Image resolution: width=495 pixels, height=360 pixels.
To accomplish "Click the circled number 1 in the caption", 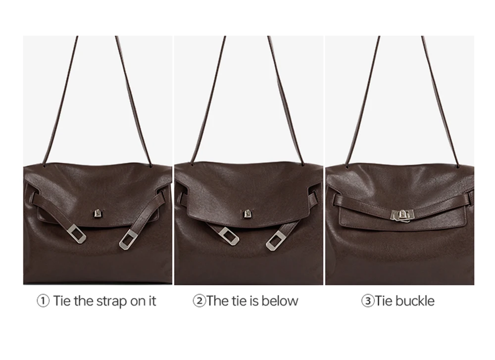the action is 43,301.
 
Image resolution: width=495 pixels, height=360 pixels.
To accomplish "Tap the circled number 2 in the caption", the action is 199,301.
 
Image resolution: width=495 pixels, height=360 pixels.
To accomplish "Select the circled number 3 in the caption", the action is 368,301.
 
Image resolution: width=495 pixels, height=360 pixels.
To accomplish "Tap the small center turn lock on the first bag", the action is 97,214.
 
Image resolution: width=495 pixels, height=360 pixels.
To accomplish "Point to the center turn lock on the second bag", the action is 247,214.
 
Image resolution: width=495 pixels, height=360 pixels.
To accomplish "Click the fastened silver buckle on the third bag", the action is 402,216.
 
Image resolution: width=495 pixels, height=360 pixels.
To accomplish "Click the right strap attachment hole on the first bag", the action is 150,164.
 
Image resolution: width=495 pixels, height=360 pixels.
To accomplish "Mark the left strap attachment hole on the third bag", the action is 347,166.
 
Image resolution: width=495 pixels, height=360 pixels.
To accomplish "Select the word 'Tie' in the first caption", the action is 61,301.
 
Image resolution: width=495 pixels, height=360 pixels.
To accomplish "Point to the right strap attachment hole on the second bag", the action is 302,164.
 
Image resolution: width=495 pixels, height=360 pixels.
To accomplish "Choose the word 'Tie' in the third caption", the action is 384,301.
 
